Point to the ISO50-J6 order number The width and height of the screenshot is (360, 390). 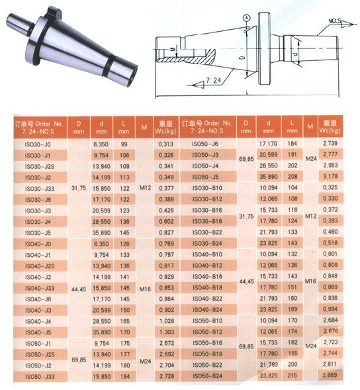[x=204, y=144]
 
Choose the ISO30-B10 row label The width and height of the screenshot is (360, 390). [x=206, y=187]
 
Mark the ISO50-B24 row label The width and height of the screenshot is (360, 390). [x=206, y=375]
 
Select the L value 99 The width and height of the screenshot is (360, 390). [x=122, y=144]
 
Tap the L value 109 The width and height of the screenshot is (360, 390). [x=124, y=166]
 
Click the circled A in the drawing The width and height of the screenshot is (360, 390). [x=246, y=18]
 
